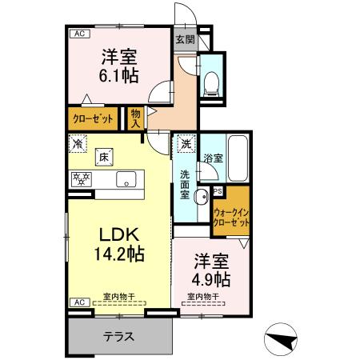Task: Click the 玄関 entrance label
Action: pos(185,38)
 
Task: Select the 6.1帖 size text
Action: pos(118,74)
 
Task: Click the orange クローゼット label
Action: pos(94,118)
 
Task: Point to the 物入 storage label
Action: pos(135,118)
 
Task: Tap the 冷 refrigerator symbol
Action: pos(78,146)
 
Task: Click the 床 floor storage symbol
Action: pos(104,158)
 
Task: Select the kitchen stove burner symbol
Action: pos(81,178)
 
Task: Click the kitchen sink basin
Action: pos(126,178)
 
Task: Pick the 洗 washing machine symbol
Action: pos(186,145)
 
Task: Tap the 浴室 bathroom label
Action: pos(212,158)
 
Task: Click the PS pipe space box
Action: pos(218,190)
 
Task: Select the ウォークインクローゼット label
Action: pos(230,217)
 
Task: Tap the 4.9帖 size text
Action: pos(210,279)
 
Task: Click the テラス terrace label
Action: pos(118,336)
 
